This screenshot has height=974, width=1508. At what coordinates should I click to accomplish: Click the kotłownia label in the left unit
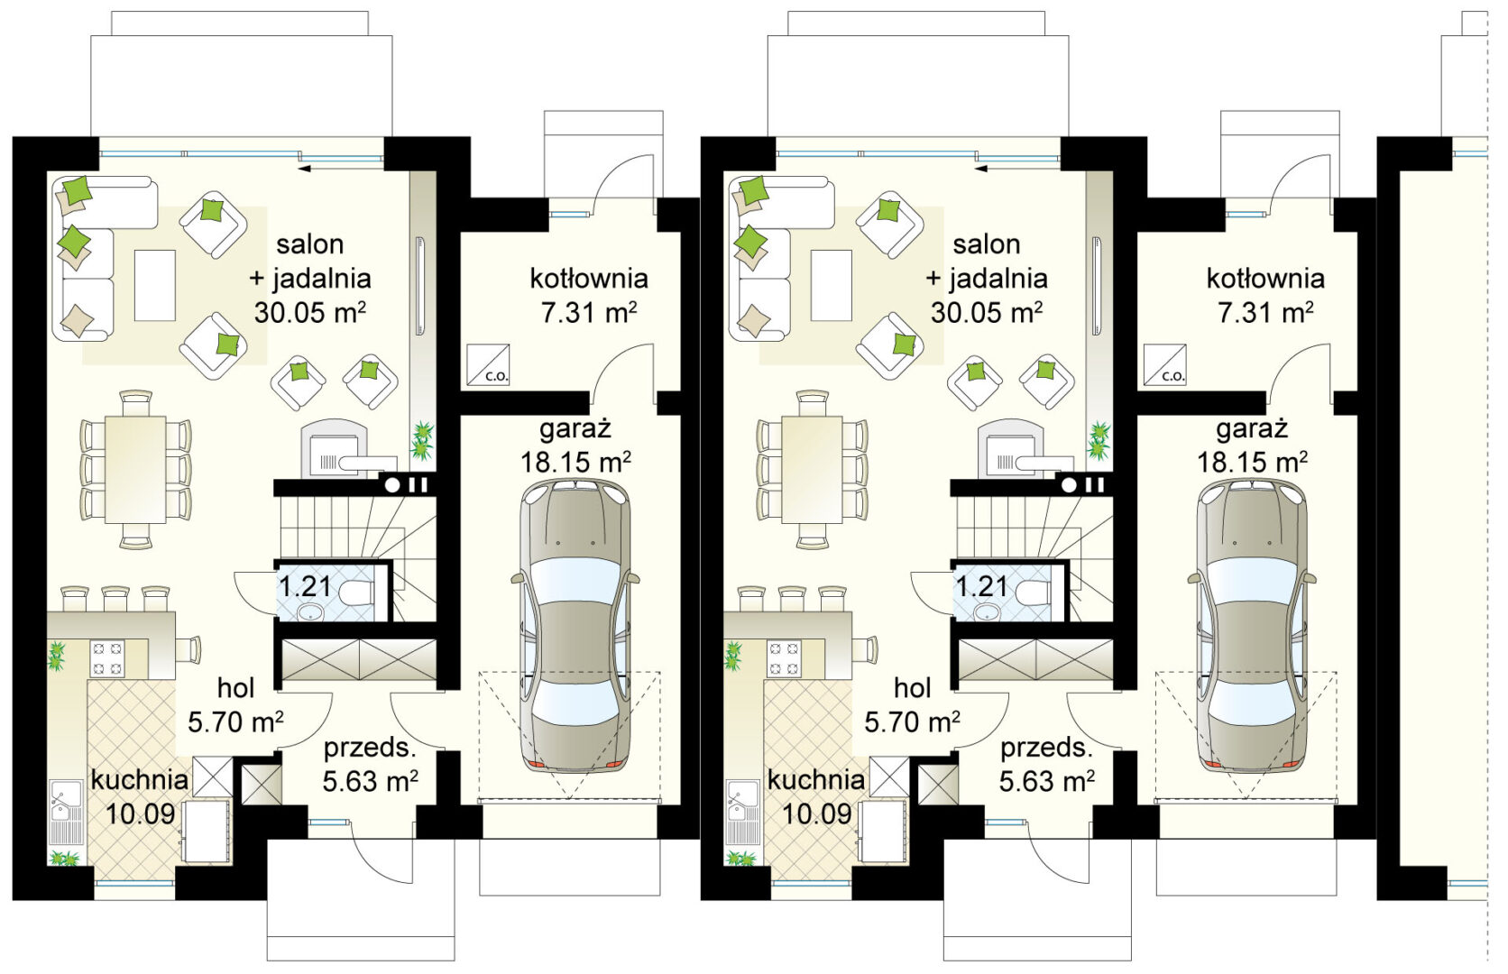pyautogui.click(x=588, y=279)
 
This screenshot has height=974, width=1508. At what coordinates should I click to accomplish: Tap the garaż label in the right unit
pyautogui.click(x=1252, y=428)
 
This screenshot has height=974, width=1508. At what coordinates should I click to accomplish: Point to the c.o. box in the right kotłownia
pyautogui.click(x=1164, y=365)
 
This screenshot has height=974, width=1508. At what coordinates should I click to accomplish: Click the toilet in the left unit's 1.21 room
pyautogui.click(x=357, y=593)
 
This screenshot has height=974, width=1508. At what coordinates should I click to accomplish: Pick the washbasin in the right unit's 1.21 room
pyautogui.click(x=987, y=611)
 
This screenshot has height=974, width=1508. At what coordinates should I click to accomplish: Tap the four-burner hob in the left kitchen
pyautogui.click(x=107, y=658)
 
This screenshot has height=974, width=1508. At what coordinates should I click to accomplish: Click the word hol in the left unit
pyautogui.click(x=235, y=688)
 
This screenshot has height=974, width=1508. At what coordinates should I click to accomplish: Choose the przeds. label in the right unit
pyautogui.click(x=1044, y=749)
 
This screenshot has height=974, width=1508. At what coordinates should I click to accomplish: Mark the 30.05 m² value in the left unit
pyautogui.click(x=310, y=312)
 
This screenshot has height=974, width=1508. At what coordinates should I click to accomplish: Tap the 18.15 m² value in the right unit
pyautogui.click(x=1252, y=463)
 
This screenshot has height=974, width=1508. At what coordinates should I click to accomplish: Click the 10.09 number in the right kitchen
pyautogui.click(x=817, y=813)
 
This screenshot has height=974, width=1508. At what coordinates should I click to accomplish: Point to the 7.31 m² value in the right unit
pyautogui.click(x=1265, y=312)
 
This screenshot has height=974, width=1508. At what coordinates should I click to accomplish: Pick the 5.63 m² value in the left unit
pyautogui.click(x=371, y=781)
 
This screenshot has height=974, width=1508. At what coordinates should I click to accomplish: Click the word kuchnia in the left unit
pyautogui.click(x=140, y=780)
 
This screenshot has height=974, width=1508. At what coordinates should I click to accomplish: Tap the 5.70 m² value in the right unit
pyautogui.click(x=912, y=722)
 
